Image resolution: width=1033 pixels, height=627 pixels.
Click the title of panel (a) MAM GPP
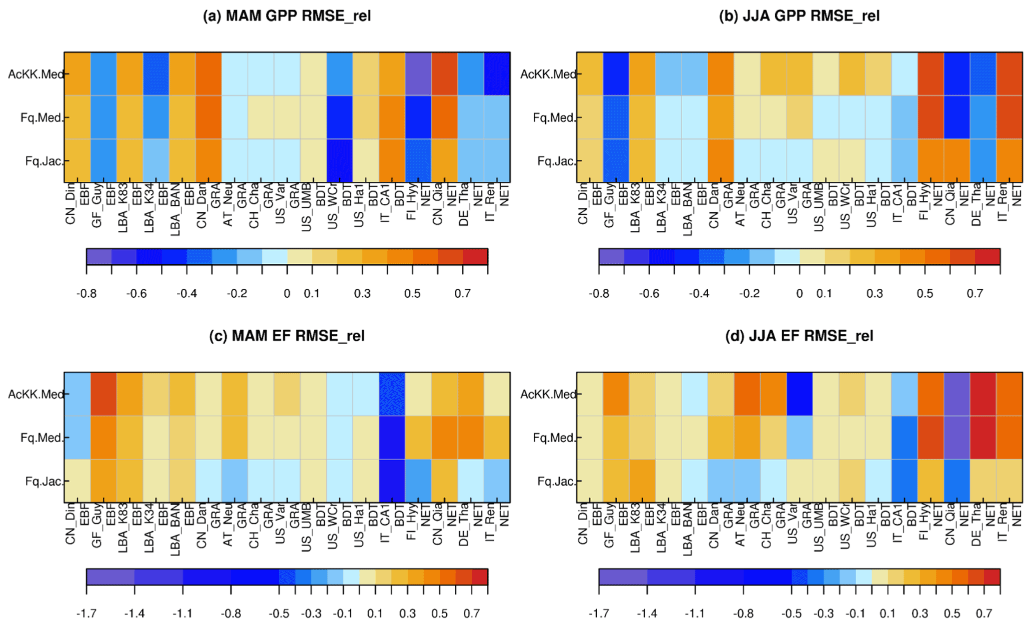click(x=287, y=16)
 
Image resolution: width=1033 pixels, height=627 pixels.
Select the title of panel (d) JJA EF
click(x=799, y=336)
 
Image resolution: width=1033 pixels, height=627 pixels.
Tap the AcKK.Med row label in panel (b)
click(x=548, y=74)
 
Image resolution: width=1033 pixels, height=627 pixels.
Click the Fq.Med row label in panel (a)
click(x=41, y=118)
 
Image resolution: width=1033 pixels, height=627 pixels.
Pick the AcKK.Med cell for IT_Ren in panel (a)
click(x=497, y=74)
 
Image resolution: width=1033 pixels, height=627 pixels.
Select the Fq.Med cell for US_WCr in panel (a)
click(x=340, y=117)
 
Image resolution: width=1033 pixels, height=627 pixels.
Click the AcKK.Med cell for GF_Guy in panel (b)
click(x=616, y=74)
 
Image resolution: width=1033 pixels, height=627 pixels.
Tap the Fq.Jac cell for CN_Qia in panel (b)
click(x=957, y=161)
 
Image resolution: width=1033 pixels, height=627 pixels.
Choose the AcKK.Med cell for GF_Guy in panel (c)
click(x=103, y=394)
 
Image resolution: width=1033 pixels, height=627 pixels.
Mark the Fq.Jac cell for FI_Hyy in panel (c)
click(x=418, y=481)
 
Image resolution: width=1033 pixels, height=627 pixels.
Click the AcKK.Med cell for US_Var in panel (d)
click(x=800, y=394)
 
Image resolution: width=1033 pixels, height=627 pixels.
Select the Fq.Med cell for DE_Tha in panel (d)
click(x=983, y=438)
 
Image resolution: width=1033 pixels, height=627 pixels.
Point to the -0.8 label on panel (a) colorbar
click(x=86, y=294)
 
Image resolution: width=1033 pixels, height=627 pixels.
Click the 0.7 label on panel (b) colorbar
click(x=975, y=294)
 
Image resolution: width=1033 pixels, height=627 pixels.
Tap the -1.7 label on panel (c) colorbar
click(x=86, y=614)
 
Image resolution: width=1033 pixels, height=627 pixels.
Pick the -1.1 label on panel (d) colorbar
click(x=695, y=614)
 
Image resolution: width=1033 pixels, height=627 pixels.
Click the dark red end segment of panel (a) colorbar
click(x=475, y=257)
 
